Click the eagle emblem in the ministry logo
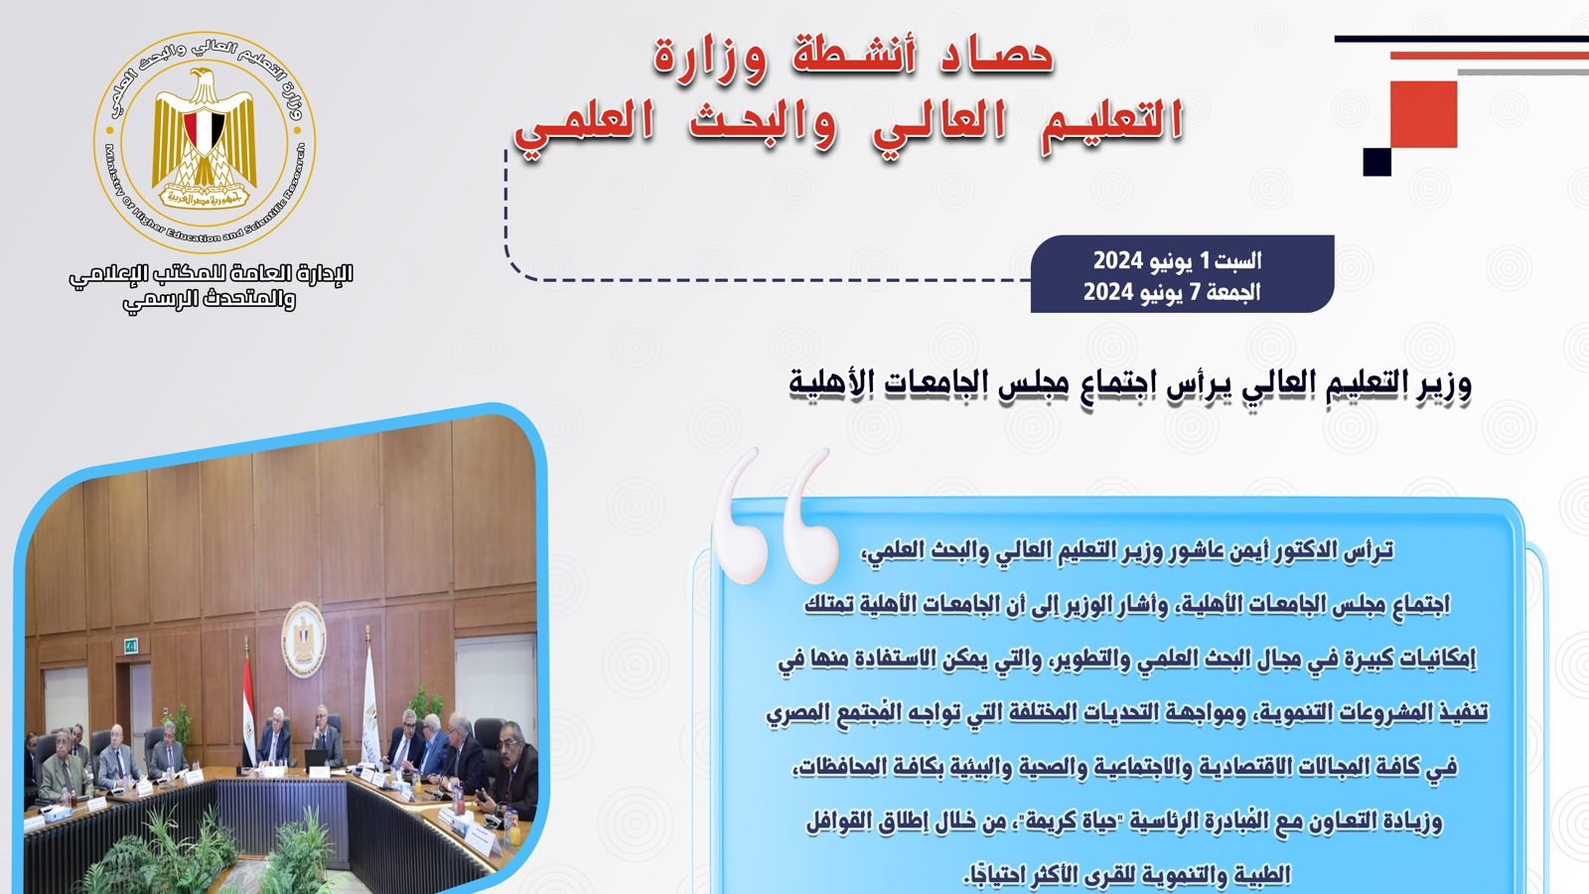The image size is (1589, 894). (x=205, y=136)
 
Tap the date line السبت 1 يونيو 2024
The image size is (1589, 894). (x=1177, y=261)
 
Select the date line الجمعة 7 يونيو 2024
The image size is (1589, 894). (x=1172, y=292)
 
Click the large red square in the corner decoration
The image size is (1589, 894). (x=1423, y=114)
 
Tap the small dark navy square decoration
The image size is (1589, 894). (x=1376, y=162)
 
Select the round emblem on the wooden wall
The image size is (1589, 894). (x=304, y=640)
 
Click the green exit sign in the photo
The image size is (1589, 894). (x=130, y=645)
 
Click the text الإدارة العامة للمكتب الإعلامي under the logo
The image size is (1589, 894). (x=211, y=274)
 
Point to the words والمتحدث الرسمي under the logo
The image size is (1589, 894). (x=210, y=300)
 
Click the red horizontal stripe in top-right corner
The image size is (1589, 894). (x=1489, y=56)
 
